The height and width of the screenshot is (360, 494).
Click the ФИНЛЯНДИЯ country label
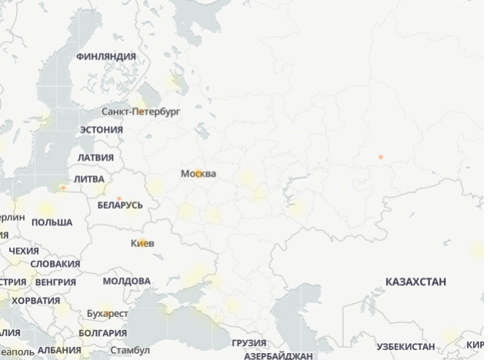(x=106, y=56)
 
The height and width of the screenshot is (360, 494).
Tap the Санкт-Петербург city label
(x=141, y=112)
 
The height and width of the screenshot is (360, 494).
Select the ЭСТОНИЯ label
(x=101, y=129)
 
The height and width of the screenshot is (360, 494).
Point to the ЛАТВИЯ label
(x=95, y=158)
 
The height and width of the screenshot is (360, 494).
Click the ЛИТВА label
(x=89, y=178)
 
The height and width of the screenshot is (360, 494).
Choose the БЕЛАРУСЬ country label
(x=120, y=205)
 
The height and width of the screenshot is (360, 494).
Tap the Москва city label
(x=198, y=174)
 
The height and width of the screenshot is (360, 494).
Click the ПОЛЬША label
(x=52, y=222)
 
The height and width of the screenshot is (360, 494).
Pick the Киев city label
(x=143, y=243)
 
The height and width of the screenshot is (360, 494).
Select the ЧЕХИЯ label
(x=24, y=251)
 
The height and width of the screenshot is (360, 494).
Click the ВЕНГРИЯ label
(x=55, y=282)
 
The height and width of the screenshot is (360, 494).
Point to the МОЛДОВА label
(x=126, y=281)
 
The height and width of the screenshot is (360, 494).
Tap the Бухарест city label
(x=108, y=314)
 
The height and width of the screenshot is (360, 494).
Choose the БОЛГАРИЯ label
(x=102, y=333)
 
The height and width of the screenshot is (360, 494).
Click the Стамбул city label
(x=130, y=350)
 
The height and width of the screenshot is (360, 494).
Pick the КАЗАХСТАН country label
(x=416, y=282)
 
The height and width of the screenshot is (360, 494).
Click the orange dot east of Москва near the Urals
(x=380, y=157)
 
